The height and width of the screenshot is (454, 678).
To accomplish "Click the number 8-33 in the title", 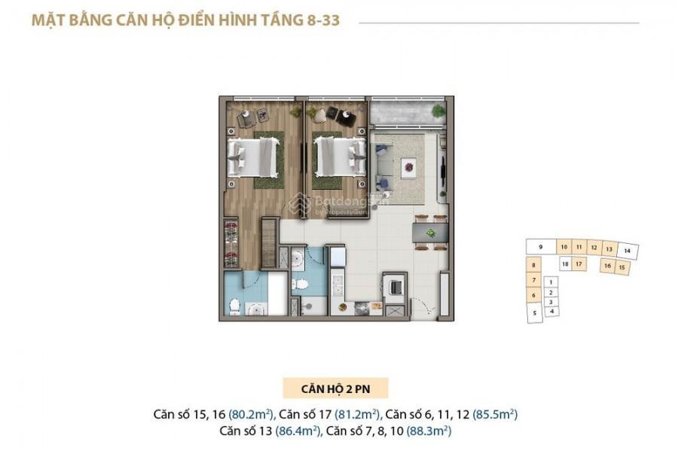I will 319,20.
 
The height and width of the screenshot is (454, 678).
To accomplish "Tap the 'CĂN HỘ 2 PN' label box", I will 335,388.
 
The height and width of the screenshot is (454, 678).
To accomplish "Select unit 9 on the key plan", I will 541,247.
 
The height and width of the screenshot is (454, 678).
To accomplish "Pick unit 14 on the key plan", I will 628,251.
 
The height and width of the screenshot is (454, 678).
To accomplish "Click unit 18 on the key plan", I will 564,264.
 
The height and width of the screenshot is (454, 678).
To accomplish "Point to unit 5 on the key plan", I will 534,312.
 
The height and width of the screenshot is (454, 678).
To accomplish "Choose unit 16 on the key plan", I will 606,266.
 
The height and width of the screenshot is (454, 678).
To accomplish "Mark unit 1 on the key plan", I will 551,282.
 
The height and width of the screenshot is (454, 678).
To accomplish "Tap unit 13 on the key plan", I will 608,248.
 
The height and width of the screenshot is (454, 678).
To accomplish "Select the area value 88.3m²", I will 429,431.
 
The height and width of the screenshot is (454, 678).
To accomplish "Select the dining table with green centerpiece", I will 432,228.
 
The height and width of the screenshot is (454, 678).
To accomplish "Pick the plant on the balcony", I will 438,110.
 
